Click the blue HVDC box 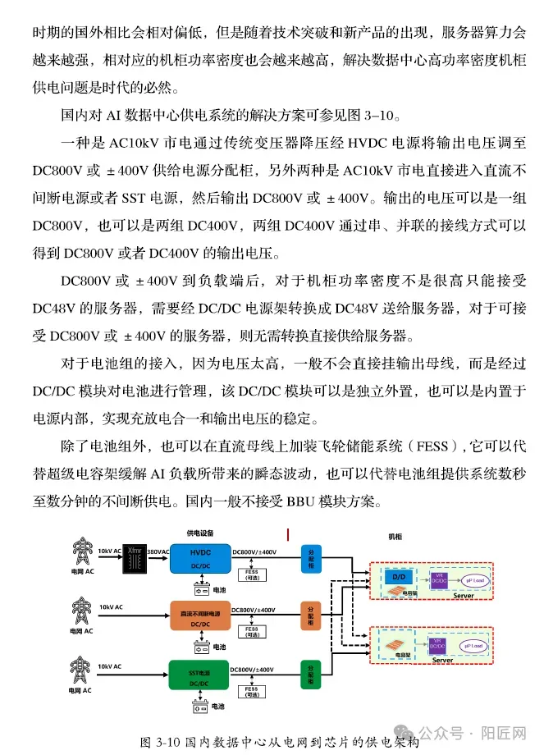200,559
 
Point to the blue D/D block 400,578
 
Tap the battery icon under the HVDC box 199,589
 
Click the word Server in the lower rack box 442,659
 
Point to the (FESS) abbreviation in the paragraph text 420,447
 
